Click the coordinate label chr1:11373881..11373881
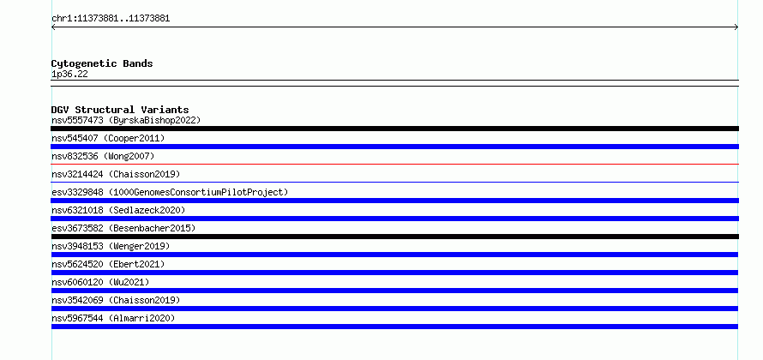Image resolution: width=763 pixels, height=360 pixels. (x=111, y=19)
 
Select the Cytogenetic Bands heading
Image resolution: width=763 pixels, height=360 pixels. (x=102, y=63)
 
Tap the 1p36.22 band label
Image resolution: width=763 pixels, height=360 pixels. (x=69, y=75)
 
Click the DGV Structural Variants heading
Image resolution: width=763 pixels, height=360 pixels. (x=120, y=110)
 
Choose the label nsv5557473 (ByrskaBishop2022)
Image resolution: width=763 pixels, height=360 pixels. (x=126, y=120)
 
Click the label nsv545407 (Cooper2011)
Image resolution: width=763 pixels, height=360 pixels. (x=108, y=138)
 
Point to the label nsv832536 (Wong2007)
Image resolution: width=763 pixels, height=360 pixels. (x=103, y=156)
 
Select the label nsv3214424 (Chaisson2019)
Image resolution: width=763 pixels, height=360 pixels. (x=116, y=174)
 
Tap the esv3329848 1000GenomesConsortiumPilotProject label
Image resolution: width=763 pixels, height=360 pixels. (x=170, y=192)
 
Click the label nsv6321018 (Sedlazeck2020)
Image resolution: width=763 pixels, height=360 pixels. (x=118, y=210)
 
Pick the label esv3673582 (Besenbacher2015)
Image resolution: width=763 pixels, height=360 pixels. (x=123, y=228)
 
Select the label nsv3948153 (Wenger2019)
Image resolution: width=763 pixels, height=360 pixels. (x=111, y=246)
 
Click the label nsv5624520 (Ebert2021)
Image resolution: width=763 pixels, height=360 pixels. (x=108, y=264)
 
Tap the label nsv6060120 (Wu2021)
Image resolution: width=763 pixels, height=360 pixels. (x=100, y=282)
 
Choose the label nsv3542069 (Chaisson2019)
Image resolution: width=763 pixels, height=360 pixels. (x=116, y=300)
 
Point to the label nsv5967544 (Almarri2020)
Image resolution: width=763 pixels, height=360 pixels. (x=113, y=318)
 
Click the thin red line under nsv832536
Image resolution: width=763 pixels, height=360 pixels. (x=394, y=165)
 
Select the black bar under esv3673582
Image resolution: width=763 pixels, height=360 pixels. (x=394, y=237)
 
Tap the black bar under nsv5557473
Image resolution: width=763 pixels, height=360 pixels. (x=394, y=129)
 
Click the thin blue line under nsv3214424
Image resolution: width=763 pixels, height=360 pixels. (x=394, y=183)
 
